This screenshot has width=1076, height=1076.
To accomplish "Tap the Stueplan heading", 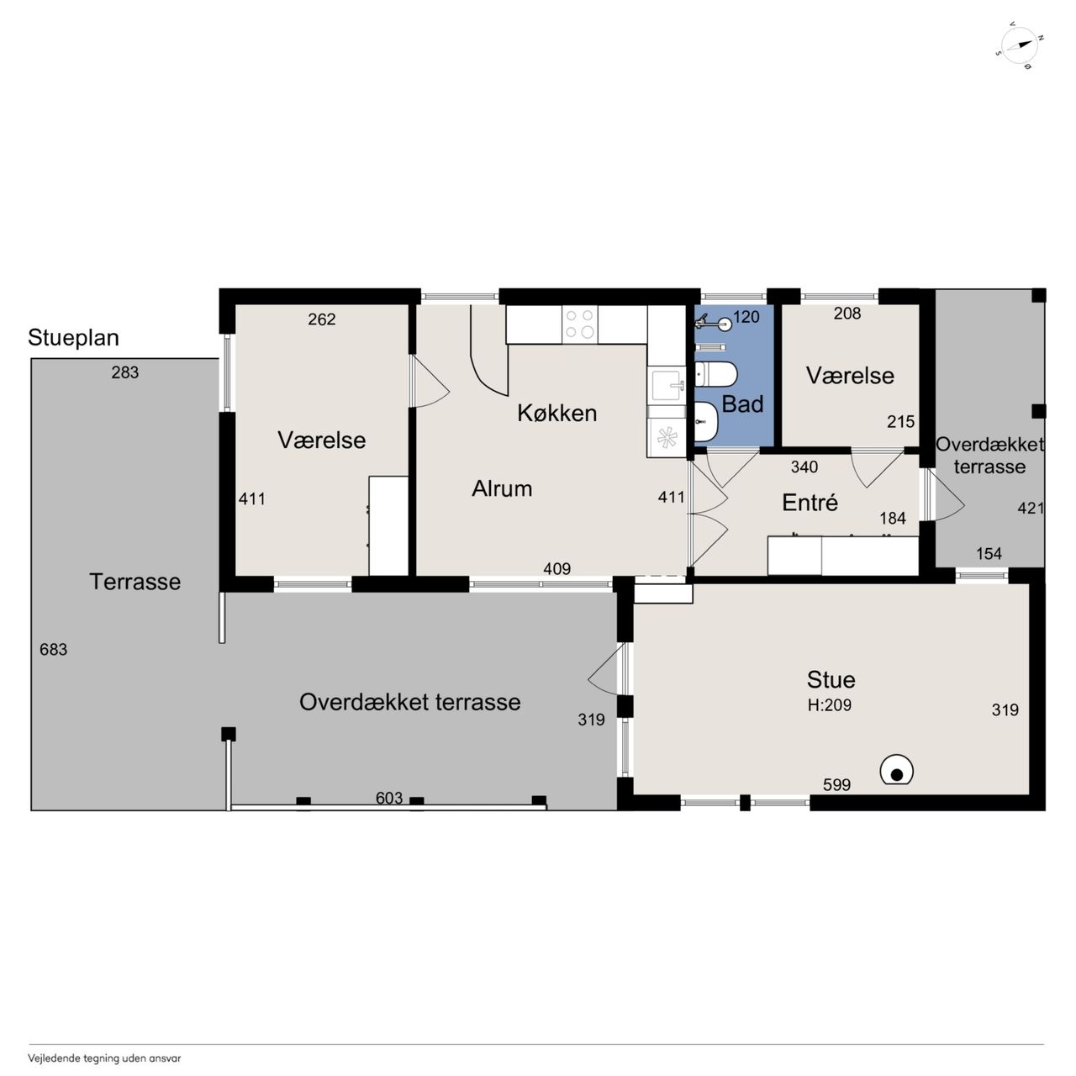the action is [x=73, y=338].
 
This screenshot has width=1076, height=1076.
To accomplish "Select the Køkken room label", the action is [x=556, y=414].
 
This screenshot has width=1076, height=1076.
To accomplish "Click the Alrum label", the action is [x=501, y=488].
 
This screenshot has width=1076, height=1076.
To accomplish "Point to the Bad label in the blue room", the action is [x=742, y=403].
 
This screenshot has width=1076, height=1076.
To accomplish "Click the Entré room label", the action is [x=810, y=503].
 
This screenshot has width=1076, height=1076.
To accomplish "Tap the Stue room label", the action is [x=831, y=679].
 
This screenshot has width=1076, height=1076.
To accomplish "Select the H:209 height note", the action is [x=829, y=705].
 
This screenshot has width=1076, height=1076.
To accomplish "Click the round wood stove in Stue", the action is [x=896, y=771].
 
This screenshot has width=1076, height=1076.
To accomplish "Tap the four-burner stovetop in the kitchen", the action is [x=579, y=324].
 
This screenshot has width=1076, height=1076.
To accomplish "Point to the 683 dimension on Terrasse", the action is [x=53, y=650].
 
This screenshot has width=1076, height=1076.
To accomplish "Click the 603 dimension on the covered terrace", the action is [x=388, y=798].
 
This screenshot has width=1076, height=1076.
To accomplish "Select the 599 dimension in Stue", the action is [x=836, y=784].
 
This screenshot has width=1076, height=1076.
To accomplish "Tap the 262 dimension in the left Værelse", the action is [x=322, y=319].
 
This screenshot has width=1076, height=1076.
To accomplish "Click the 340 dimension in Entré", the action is [x=804, y=467].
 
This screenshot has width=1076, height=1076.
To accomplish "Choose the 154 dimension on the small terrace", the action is [x=989, y=553].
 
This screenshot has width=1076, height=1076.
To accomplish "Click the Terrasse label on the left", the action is [x=135, y=582].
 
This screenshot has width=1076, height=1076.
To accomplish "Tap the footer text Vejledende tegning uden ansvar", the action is [x=104, y=1058].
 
